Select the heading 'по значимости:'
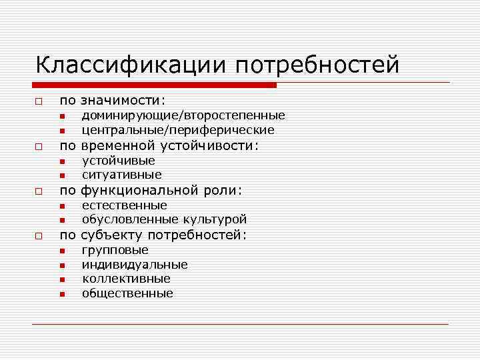[113, 101]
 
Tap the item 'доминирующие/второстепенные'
[183, 116]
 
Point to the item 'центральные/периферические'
[178, 130]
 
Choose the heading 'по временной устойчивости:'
[159, 145]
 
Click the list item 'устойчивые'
[119, 161]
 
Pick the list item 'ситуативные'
[122, 175]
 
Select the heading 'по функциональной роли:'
[151, 190]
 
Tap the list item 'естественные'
[125, 205]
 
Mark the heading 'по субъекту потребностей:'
[153, 235]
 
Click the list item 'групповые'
[115, 250]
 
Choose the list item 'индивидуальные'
[135, 265]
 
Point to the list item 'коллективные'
[126, 279]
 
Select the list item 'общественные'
[127, 293]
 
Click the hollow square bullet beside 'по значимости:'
[39, 101]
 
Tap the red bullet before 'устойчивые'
[61, 161]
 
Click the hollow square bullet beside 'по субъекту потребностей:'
[39, 235]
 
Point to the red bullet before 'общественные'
[61, 294]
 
